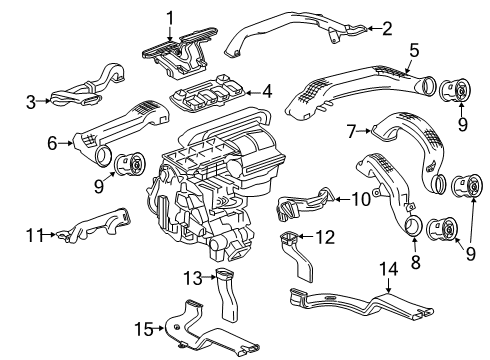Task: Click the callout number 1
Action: click(x=170, y=15)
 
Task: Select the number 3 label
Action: click(x=31, y=100)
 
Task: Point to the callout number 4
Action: click(x=267, y=91)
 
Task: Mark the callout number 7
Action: click(x=351, y=130)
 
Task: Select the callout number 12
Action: click(x=323, y=237)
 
